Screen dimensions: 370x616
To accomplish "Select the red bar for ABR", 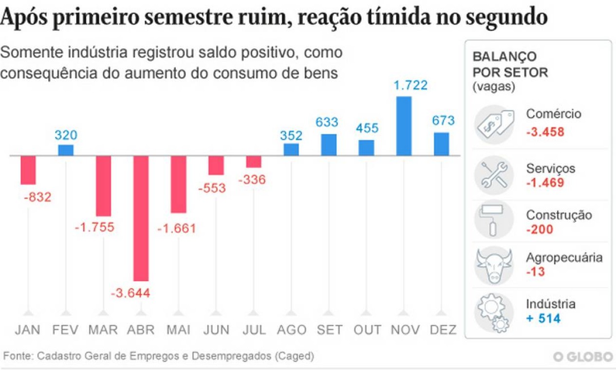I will [141, 218].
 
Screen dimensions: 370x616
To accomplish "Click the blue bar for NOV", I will [404, 126].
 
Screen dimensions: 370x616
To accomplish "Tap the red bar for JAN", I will [28, 170].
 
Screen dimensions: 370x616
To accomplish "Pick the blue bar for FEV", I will [66, 150].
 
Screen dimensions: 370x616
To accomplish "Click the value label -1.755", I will [94, 227].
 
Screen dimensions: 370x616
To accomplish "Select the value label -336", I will [252, 180].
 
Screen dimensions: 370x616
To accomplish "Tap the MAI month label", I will [178, 330].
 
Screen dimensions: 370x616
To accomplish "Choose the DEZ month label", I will [443, 330].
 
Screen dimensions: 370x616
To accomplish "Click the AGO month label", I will [291, 330].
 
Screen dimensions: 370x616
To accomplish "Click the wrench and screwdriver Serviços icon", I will [494, 175].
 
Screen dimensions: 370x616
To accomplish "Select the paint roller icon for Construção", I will [494, 220].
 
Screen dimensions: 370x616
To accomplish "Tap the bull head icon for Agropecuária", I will [494, 265].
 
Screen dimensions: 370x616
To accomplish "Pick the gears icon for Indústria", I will [494, 312].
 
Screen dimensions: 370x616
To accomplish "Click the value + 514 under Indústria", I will [543, 319].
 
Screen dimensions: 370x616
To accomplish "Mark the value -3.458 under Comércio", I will [545, 131].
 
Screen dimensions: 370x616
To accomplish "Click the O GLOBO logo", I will [583, 357].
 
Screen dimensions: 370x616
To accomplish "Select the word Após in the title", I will [24, 18].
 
